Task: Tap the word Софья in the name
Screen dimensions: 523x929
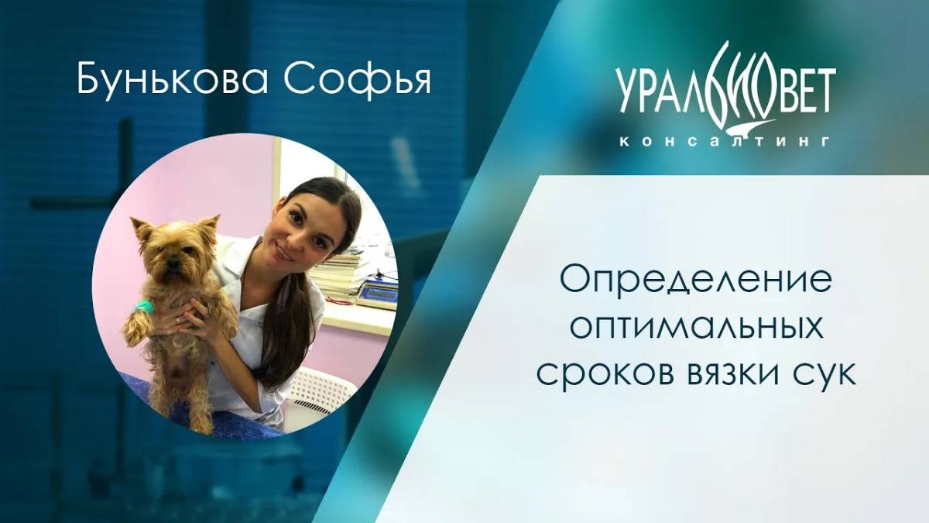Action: [369, 81]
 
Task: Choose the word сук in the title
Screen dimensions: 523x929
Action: [828, 374]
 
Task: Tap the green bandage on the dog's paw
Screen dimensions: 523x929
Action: [140, 308]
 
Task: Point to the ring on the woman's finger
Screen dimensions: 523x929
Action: [179, 319]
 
